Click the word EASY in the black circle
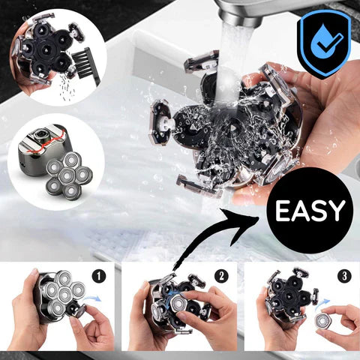(310, 211)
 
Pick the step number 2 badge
(220, 274)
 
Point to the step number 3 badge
(343, 274)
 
